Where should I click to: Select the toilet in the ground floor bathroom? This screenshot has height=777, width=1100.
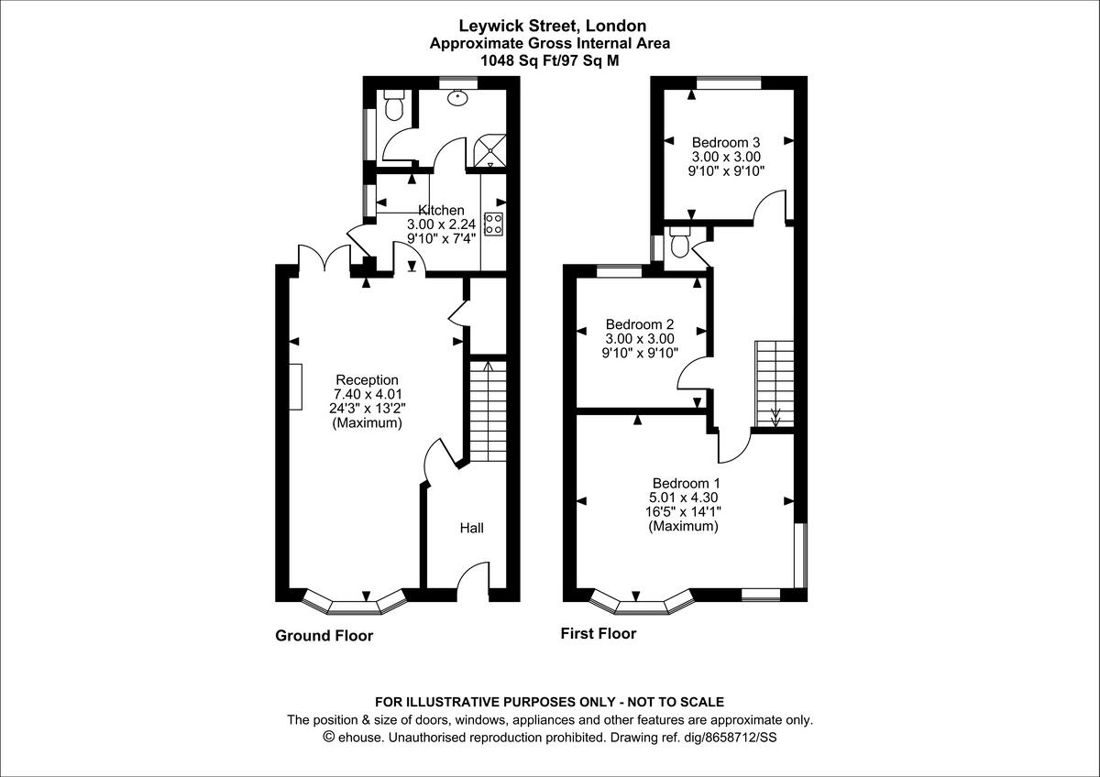tap(394, 106)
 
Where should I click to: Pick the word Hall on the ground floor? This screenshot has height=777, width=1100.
tap(471, 528)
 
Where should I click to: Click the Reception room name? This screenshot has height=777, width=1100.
tap(367, 379)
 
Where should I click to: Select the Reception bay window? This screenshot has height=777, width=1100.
tap(354, 603)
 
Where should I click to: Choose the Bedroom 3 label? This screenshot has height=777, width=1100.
tap(726, 142)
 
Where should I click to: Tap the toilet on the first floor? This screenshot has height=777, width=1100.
tap(679, 244)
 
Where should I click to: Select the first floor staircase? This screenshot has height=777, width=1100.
tap(775, 383)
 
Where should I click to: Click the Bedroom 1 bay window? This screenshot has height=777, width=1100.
tap(642, 603)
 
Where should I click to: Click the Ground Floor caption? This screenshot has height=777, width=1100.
tap(324, 635)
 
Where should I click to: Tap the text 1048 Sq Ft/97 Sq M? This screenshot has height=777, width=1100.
tap(550, 60)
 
